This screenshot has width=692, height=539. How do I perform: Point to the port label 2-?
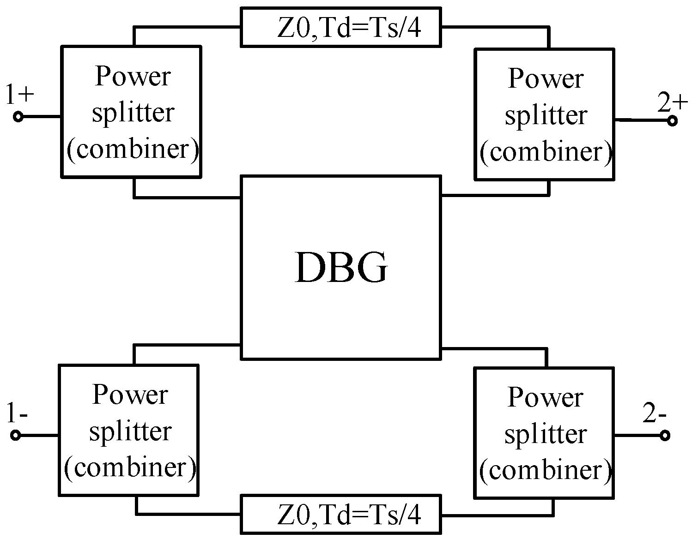654,414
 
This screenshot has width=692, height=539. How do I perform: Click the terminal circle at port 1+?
18,117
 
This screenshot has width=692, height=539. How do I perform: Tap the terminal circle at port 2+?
672,121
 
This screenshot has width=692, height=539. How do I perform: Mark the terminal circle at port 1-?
16,435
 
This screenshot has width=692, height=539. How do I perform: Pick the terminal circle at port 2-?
665,435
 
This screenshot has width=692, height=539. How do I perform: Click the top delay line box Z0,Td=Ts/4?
340,27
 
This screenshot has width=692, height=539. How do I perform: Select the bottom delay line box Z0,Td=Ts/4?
340,514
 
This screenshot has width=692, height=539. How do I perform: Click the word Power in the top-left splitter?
133,76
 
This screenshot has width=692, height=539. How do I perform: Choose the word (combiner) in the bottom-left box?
130,467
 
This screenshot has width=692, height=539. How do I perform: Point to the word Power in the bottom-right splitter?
545,397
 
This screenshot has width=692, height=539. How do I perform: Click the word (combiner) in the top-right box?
546,152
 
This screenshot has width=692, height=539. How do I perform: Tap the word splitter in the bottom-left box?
130,431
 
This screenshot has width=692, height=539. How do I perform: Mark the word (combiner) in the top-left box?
133,149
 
